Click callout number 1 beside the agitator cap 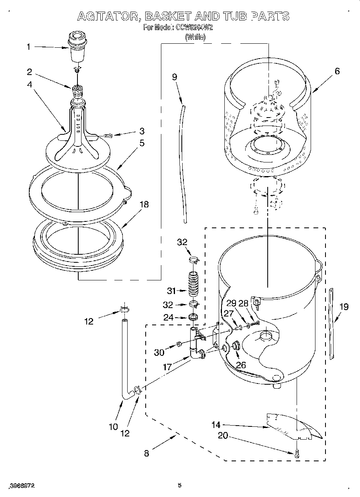[28, 47]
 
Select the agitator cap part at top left [77, 47]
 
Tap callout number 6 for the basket [337, 71]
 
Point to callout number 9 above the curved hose [175, 77]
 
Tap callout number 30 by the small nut [159, 352]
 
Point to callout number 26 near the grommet [240, 365]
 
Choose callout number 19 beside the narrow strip [344, 307]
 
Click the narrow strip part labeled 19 [332, 323]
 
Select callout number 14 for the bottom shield [216, 424]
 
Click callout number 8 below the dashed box [146, 453]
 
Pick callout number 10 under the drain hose [114, 426]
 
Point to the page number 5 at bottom [180, 485]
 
